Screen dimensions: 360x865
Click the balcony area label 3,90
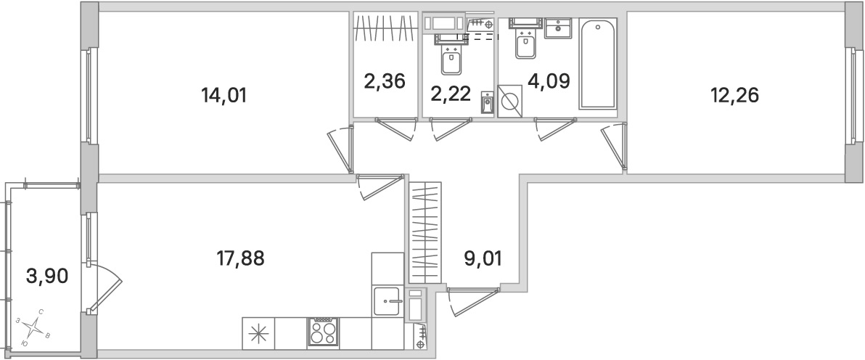click(41, 277)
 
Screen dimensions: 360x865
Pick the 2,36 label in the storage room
click(384, 80)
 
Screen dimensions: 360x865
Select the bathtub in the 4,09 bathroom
click(597, 65)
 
